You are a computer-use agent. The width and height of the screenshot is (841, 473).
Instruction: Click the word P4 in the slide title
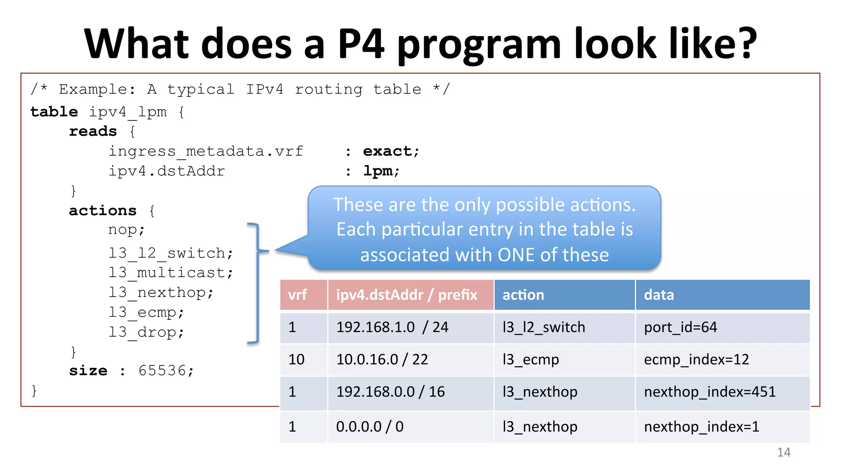click(361, 44)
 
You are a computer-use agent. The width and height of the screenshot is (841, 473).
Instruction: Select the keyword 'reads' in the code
click(93, 131)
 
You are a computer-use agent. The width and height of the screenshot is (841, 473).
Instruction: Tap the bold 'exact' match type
click(387, 152)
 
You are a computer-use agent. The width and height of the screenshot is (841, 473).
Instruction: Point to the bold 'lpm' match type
click(378, 171)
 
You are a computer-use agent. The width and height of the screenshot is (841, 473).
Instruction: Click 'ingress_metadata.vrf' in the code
click(206, 152)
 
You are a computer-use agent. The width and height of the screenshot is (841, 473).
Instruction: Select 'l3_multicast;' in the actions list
click(170, 273)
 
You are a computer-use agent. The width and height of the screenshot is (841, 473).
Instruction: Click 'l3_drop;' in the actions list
click(146, 332)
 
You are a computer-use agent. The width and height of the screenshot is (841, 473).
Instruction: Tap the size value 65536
click(162, 370)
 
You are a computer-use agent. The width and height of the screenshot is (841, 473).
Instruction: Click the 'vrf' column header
click(297, 295)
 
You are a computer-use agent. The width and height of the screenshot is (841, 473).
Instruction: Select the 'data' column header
click(659, 295)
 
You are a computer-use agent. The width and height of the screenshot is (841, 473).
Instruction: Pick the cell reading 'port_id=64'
click(680, 327)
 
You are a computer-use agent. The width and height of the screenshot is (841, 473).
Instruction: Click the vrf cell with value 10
click(296, 360)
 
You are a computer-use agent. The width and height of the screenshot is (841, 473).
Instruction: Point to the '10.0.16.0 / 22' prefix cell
click(382, 360)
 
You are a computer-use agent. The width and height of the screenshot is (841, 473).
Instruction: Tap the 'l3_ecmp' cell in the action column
click(531, 360)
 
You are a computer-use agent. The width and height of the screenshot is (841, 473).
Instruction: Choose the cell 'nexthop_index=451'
click(710, 392)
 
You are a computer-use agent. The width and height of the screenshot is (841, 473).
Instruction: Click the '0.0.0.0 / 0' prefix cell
click(370, 427)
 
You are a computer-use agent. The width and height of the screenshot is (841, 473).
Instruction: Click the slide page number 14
click(784, 452)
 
